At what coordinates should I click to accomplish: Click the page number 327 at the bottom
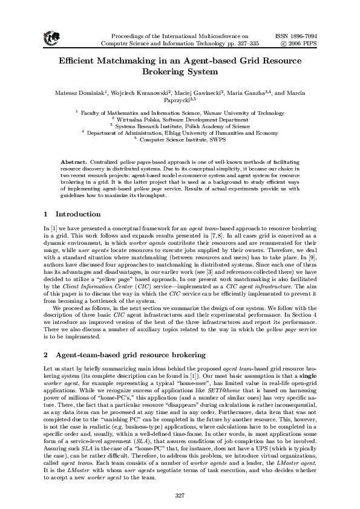[x=179, y=495]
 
